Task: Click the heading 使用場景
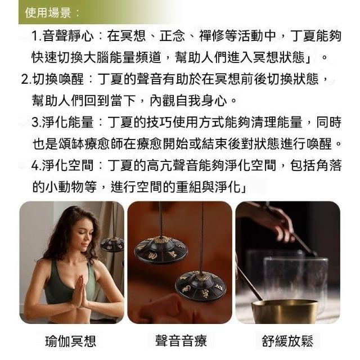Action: click(48, 12)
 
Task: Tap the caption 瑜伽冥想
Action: click(70, 341)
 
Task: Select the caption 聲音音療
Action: click(181, 340)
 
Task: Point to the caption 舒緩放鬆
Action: click(287, 341)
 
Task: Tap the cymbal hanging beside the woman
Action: click(112, 245)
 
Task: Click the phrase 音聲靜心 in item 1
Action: click(68, 36)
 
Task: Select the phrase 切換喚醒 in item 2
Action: click(58, 79)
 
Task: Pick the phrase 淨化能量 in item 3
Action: click(68, 122)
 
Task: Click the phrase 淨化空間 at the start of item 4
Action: click(68, 165)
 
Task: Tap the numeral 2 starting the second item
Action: click(25, 79)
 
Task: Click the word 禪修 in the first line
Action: click(212, 36)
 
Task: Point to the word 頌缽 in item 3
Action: click(71, 144)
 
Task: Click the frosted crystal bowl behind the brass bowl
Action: click(296, 278)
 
